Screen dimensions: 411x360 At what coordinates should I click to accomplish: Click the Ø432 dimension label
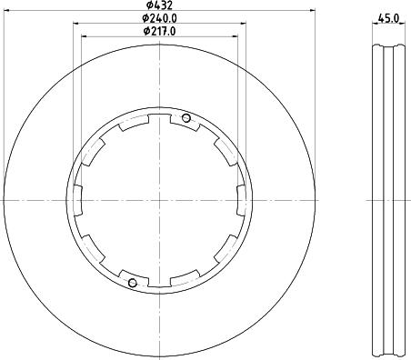point(159,5)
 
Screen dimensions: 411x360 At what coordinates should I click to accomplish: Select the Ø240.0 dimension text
point(159,18)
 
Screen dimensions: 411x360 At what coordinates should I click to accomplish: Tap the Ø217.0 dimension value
point(159,31)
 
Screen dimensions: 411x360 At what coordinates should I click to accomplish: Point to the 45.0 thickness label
point(388,18)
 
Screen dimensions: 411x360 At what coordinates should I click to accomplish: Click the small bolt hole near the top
point(186,118)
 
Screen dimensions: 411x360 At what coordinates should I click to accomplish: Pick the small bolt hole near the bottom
point(133,283)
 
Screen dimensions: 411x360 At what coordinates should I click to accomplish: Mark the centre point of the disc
point(159,200)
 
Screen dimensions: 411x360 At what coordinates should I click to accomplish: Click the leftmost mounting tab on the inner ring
point(78,200)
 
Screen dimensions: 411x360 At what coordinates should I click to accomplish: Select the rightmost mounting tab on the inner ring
point(242,200)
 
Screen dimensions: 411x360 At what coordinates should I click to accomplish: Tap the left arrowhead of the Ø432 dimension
point(6,11)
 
